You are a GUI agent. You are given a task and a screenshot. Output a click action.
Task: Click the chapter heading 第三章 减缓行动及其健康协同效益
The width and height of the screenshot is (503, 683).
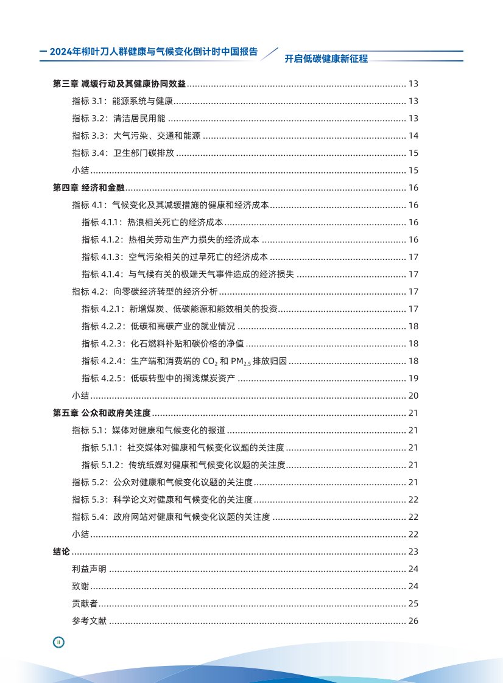click(120, 83)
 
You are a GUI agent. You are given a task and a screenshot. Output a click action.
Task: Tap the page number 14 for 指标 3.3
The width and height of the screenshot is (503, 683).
click(413, 136)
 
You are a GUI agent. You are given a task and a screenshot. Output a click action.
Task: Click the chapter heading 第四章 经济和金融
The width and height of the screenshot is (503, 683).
click(89, 187)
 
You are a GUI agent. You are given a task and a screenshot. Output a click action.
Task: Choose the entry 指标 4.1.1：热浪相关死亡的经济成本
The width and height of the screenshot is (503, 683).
click(152, 222)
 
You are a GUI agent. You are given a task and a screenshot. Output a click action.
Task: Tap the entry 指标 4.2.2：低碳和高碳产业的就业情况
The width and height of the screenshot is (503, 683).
click(158, 326)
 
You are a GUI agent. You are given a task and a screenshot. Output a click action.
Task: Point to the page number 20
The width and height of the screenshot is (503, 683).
click(413, 396)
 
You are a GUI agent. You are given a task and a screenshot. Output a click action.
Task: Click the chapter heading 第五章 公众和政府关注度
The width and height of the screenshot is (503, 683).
click(102, 413)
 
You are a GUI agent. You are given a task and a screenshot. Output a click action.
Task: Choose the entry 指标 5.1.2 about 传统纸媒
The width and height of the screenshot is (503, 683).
click(183, 466)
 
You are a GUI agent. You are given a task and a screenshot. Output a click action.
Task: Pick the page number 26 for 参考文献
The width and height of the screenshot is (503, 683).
click(413, 621)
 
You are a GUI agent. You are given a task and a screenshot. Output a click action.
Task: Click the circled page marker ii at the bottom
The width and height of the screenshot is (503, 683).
click(58, 642)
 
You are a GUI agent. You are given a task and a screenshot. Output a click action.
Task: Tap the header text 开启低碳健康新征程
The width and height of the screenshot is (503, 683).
click(326, 58)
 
